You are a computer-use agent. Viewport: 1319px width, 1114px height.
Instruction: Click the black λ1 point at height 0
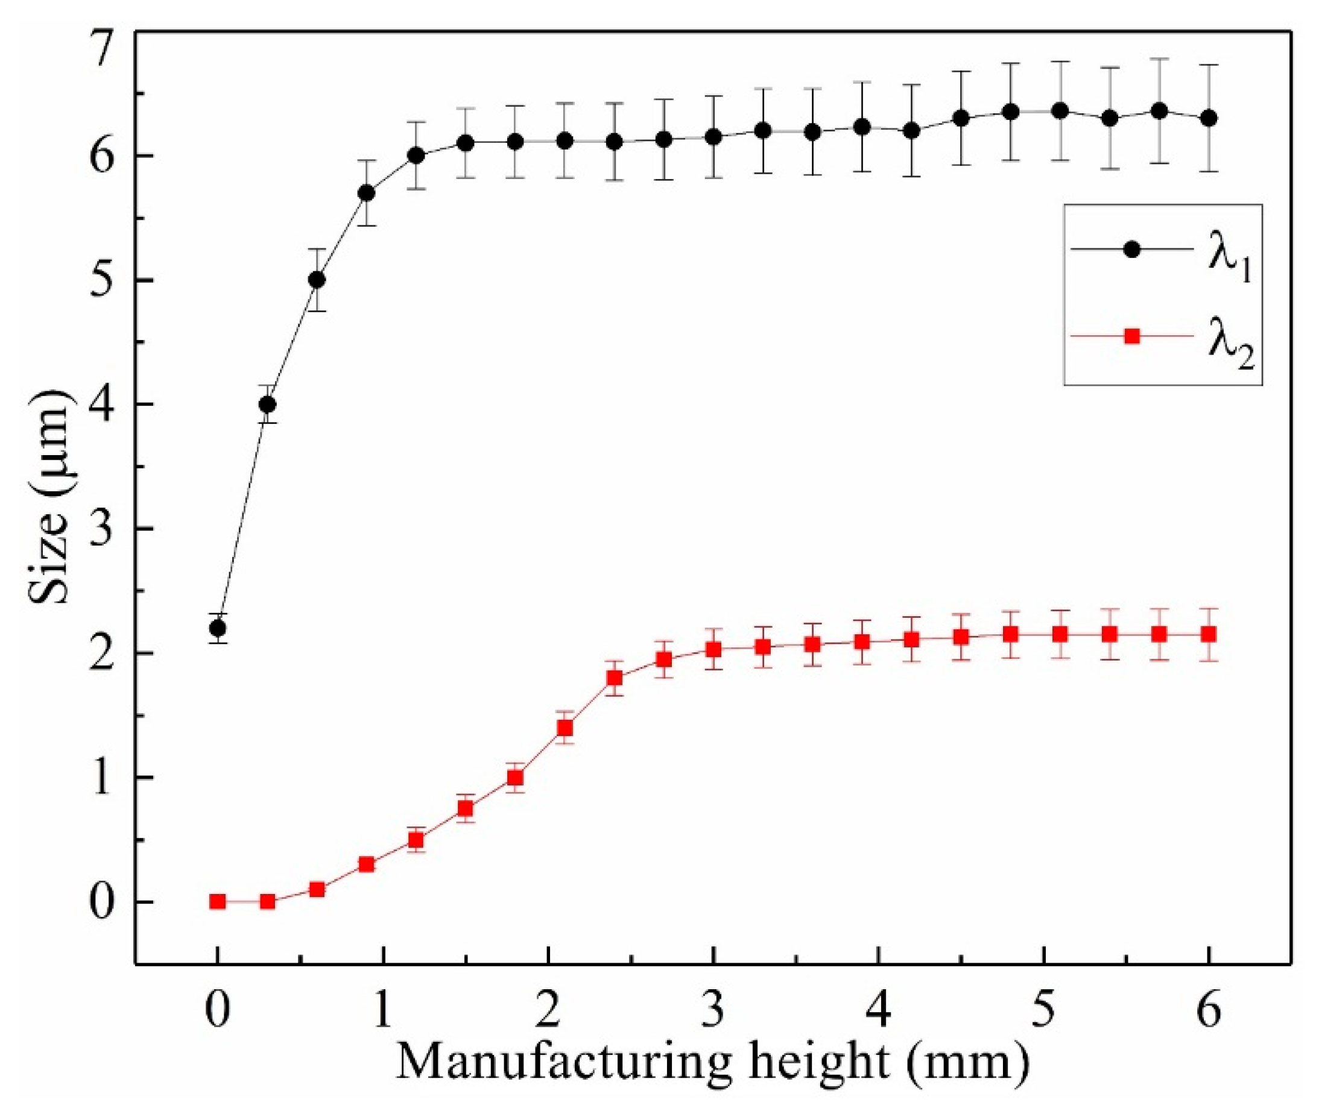pyautogui.click(x=218, y=628)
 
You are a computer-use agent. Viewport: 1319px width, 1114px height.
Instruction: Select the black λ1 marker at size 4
pyautogui.click(x=268, y=404)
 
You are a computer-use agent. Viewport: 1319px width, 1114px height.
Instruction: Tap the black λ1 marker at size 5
pyautogui.click(x=317, y=280)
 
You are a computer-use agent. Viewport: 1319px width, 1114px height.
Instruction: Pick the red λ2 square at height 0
pyautogui.click(x=218, y=901)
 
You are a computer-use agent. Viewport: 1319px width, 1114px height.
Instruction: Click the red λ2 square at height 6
pyautogui.click(x=1209, y=634)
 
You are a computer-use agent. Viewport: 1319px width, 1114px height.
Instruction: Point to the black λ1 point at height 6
pyautogui.click(x=1209, y=118)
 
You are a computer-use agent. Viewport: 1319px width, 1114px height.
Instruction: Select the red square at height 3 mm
pyautogui.click(x=713, y=649)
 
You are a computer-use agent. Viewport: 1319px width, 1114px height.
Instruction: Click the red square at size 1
pyautogui.click(x=516, y=778)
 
